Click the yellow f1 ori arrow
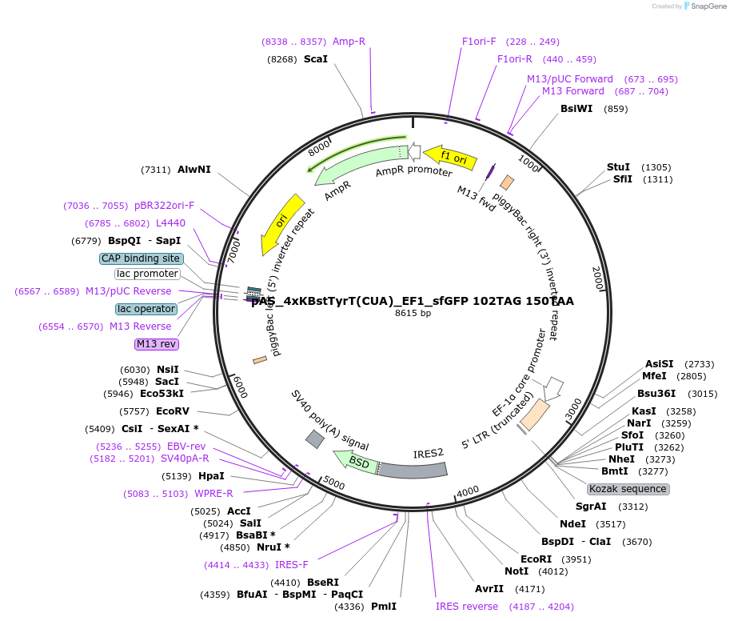[450, 157]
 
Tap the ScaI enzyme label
[315, 59]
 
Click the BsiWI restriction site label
[576, 109]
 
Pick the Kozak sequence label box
[628, 489]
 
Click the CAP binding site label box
[141, 258]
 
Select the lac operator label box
[146, 309]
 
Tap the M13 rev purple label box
[157, 344]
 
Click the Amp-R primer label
[349, 42]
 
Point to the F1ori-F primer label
[479, 42]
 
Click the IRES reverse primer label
[467, 607]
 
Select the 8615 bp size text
[413, 313]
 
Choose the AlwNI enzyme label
[194, 170]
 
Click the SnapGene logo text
[704, 6]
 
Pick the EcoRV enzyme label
[172, 411]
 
